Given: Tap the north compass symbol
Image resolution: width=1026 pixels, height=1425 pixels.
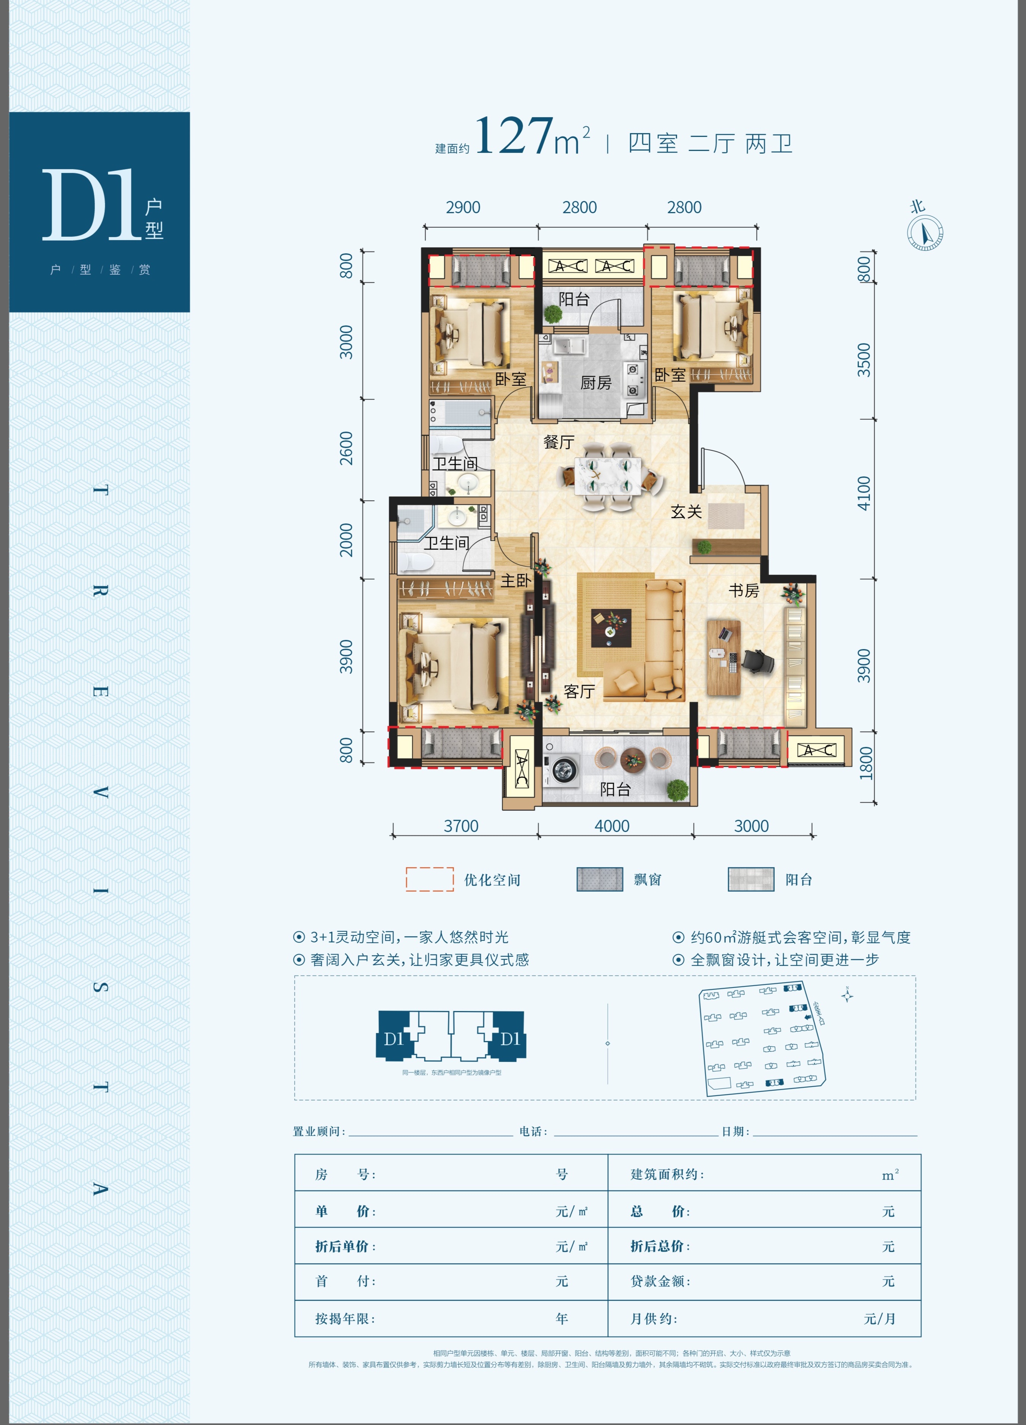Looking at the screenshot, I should pyautogui.click(x=925, y=233).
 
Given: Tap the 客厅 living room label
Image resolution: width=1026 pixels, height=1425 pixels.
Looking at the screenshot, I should pyautogui.click(x=579, y=691).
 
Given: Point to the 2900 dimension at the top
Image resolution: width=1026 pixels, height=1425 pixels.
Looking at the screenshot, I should pyautogui.click(x=463, y=208).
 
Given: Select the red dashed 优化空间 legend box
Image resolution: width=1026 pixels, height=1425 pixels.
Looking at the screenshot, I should pyautogui.click(x=429, y=879).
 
